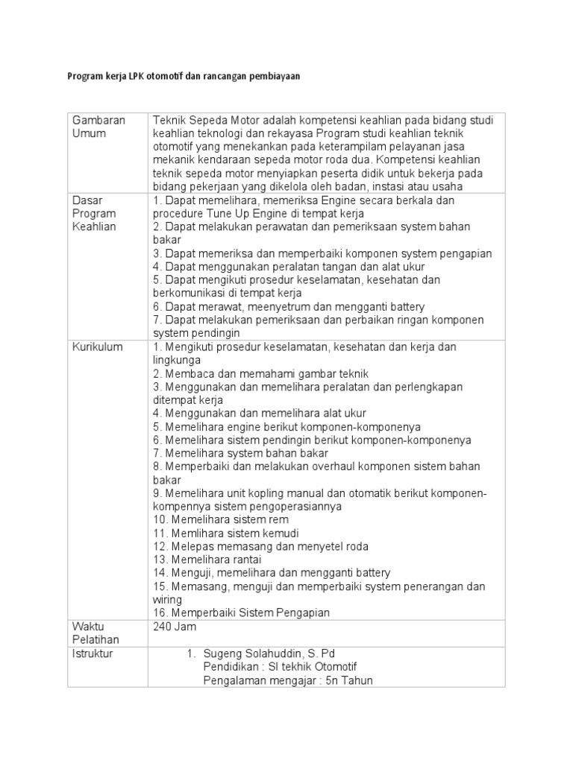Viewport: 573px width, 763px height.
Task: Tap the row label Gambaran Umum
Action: pyautogui.click(x=98, y=127)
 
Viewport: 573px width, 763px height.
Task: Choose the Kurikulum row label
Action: pyautogui.click(x=97, y=347)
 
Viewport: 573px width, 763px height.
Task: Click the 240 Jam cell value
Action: pyautogui.click(x=174, y=627)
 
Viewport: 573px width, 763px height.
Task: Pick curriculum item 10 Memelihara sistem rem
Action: pyautogui.click(x=221, y=519)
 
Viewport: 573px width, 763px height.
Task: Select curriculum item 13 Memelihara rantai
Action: pyautogui.click(x=213, y=560)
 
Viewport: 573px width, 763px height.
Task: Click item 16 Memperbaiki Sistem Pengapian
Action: pyautogui.click(x=242, y=612)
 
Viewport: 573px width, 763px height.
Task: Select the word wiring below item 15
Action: pyautogui.click(x=167, y=599)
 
